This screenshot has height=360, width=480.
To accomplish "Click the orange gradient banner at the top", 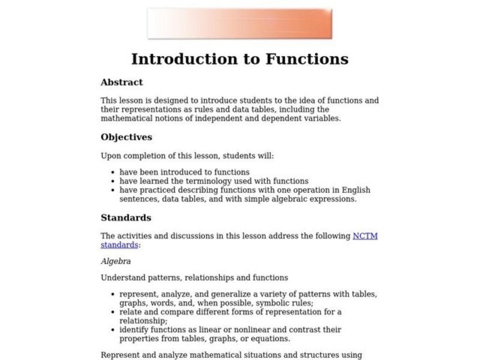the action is click(240, 23).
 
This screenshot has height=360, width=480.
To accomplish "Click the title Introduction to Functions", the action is click(240, 59).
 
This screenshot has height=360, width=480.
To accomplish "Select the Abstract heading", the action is click(122, 82).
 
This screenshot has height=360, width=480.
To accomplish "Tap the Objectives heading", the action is click(126, 137).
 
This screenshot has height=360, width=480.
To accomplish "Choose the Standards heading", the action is click(126, 217).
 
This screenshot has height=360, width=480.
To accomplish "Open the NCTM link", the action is click(365, 236).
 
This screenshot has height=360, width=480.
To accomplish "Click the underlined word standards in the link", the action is click(119, 245).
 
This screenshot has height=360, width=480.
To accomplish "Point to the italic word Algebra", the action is click(116, 261).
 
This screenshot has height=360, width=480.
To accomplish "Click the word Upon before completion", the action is click(111, 155).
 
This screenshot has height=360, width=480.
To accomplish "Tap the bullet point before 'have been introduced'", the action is click(113, 172).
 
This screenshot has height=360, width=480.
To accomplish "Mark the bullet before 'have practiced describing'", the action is click(113, 190).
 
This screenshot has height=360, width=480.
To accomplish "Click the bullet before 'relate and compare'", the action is click(113, 312).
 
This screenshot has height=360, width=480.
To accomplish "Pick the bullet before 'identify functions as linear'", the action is click(113, 329).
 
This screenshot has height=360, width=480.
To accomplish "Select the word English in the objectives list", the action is click(354, 190).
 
